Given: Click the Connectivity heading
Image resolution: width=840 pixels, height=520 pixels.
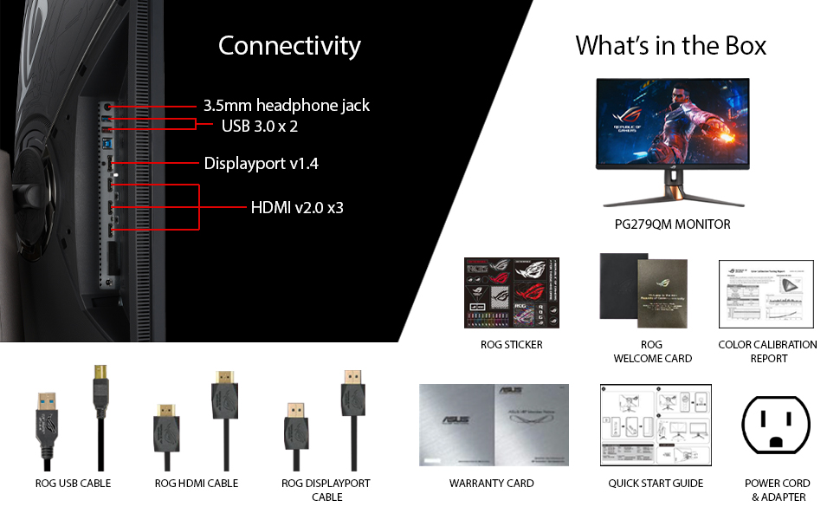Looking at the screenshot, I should (289, 45).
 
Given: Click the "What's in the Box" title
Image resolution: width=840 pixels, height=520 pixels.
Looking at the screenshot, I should (670, 45).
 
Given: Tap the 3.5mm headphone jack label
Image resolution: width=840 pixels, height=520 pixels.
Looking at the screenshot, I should (287, 106).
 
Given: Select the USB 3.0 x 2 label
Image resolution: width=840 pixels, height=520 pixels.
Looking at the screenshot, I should (260, 127).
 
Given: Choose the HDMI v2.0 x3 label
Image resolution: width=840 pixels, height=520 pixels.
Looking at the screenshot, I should (297, 208).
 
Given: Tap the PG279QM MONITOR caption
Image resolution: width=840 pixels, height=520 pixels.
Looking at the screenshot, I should (672, 224).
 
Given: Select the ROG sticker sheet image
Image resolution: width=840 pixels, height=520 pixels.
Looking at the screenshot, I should (511, 292).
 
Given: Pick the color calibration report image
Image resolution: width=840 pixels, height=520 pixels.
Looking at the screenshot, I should (767, 293).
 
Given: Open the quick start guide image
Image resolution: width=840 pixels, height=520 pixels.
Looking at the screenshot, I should (656, 426).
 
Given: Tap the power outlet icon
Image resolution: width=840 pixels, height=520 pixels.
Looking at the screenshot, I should (777, 425).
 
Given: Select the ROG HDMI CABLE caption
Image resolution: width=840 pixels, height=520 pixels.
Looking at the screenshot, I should (197, 484).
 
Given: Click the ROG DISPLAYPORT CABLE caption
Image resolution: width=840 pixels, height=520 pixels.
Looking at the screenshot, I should (326, 490).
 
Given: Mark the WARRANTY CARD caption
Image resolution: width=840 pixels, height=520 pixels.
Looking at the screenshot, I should (492, 484).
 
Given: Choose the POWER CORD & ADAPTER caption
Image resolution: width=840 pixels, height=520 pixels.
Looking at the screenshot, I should (778, 490).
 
